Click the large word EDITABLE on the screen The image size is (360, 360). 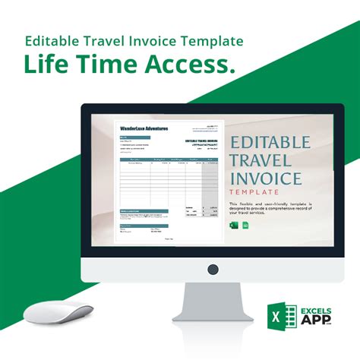point(270,143)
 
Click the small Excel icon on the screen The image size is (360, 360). point(232,226)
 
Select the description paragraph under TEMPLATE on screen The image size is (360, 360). point(269,209)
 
